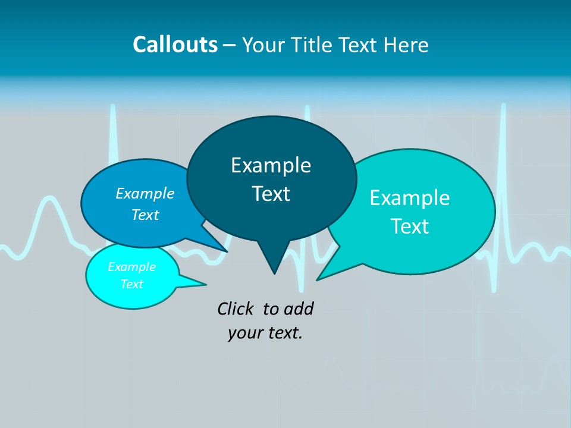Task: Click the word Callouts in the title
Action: click(175, 45)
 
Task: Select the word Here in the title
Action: click(406, 45)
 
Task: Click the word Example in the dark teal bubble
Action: click(271, 165)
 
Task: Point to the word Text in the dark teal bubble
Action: click(271, 194)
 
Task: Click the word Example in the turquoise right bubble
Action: click(410, 197)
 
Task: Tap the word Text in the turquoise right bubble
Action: click(410, 226)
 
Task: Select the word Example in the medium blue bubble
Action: click(145, 193)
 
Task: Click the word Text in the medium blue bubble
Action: click(145, 215)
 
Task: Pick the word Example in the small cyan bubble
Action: click(132, 267)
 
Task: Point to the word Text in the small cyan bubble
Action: click(132, 284)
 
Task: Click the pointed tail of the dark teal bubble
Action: click(274, 267)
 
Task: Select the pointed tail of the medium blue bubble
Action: click(220, 247)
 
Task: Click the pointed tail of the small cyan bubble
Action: click(200, 284)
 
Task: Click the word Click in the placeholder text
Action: click(235, 309)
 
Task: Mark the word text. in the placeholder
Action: click(283, 333)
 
